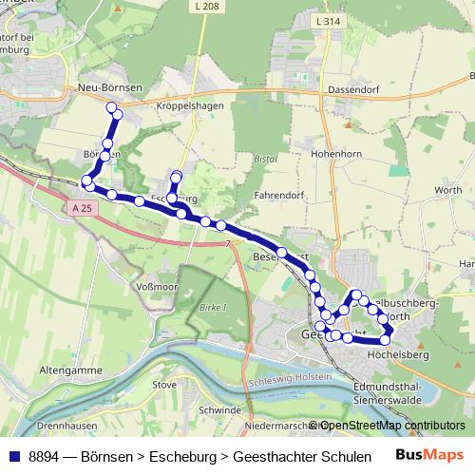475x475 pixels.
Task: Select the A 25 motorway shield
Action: coord(83,207)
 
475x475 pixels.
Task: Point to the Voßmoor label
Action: coord(158,285)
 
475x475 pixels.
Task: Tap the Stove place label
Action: coord(164,385)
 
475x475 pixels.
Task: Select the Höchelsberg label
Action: coord(399,354)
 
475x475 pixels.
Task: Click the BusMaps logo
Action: coord(428,455)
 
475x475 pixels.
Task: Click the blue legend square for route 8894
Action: coord(13,456)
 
